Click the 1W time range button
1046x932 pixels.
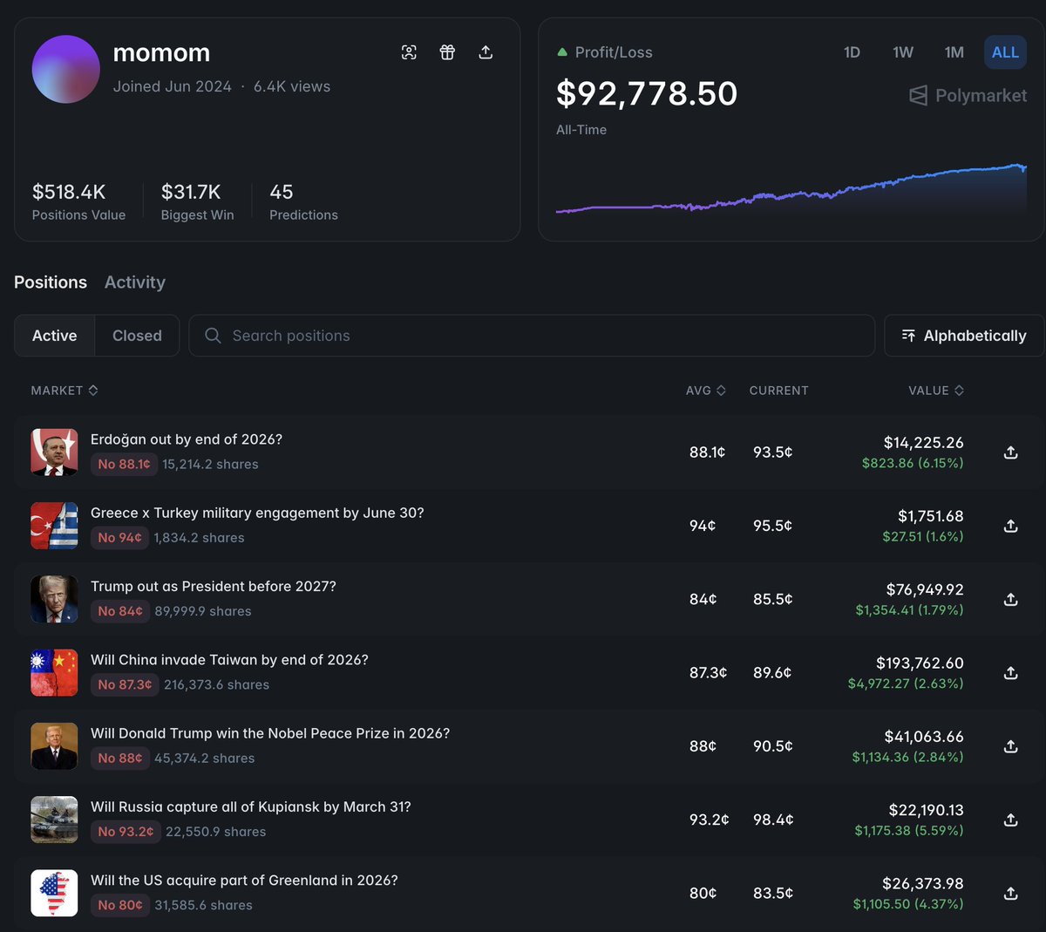(x=903, y=52)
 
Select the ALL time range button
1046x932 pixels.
(x=1005, y=52)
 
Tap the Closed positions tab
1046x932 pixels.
(x=137, y=336)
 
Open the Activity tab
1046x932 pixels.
(x=135, y=282)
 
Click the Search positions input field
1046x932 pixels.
(x=532, y=336)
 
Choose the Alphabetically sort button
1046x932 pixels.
(x=964, y=336)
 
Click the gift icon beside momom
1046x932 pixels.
(x=447, y=52)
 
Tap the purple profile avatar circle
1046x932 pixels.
(x=66, y=69)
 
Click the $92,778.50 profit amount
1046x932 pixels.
(x=647, y=93)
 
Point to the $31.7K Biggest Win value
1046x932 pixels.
(x=191, y=192)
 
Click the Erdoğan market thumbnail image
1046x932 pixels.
(x=54, y=452)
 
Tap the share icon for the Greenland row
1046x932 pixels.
(x=1010, y=893)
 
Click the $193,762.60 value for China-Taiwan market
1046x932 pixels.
(x=920, y=663)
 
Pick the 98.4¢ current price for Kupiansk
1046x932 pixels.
(x=772, y=820)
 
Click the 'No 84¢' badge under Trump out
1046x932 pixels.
(x=119, y=611)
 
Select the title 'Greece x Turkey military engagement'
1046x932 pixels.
(x=257, y=513)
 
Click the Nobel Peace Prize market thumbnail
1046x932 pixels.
(x=54, y=746)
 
